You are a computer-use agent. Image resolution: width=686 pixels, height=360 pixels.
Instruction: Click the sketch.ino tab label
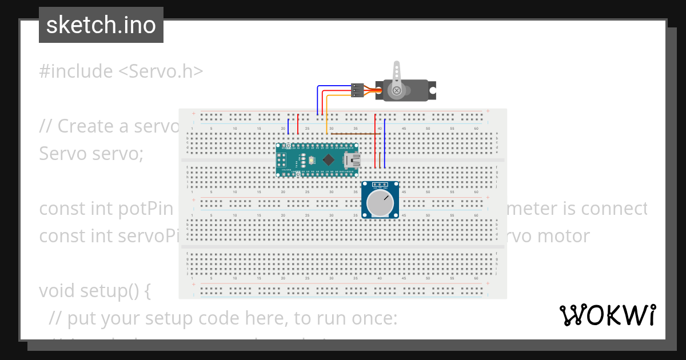pyautogui.click(x=101, y=25)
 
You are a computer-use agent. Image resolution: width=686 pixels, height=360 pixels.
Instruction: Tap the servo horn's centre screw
pyautogui.click(x=396, y=90)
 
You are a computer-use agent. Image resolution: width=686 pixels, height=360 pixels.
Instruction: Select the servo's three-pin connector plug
pyautogui.click(x=357, y=90)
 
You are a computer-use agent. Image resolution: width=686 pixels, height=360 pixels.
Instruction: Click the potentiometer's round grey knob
pyautogui.click(x=380, y=203)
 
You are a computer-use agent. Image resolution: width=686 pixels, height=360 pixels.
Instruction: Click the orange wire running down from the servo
pyautogui.click(x=327, y=117)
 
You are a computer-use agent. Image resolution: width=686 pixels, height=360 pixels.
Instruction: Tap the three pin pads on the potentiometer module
pyautogui.click(x=380, y=186)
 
